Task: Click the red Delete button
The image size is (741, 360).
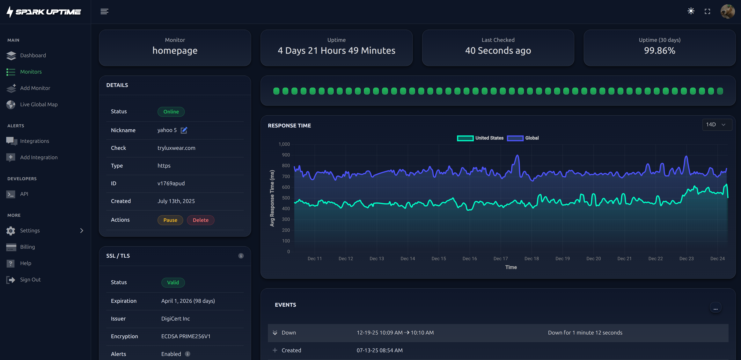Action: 201,220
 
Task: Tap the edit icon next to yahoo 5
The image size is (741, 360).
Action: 184,130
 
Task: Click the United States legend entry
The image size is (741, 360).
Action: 480,138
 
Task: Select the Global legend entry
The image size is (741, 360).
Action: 523,138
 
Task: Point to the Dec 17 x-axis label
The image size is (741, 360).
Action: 501,258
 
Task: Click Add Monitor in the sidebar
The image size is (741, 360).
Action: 35,88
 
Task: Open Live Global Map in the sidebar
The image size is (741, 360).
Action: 39,104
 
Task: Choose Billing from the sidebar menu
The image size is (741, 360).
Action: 27,247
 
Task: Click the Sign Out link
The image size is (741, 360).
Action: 30,279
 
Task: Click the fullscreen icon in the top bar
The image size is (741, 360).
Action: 707,11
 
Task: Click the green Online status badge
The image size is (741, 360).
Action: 171,112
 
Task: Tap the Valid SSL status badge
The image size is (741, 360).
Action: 173,282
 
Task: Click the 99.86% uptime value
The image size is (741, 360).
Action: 659,51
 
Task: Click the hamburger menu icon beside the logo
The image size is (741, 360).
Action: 104,11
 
